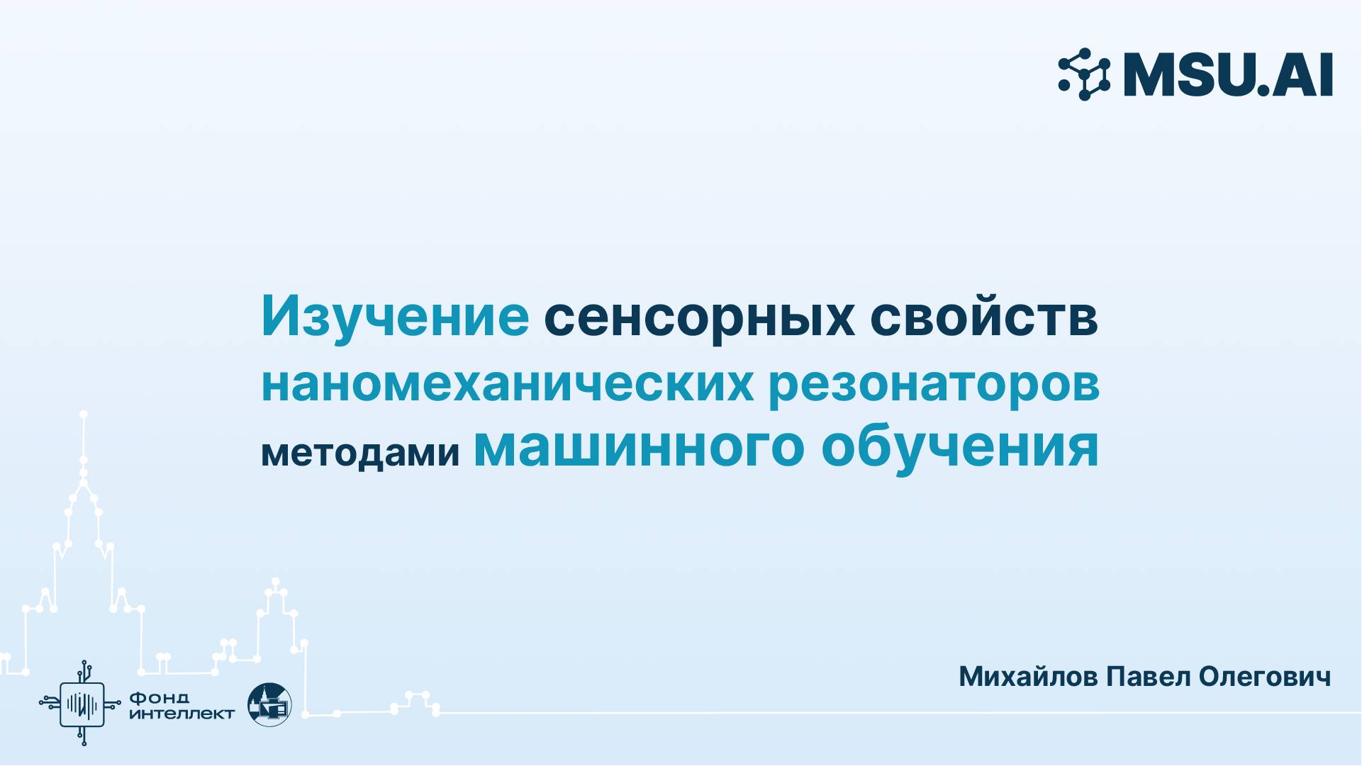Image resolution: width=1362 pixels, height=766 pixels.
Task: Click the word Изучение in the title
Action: click(x=395, y=317)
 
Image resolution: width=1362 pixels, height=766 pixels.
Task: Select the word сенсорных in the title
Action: click(x=699, y=317)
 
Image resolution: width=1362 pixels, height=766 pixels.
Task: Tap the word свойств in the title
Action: click(x=984, y=317)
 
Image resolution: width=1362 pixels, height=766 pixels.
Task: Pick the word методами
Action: click(x=360, y=452)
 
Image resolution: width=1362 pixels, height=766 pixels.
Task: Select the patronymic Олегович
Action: click(x=1264, y=677)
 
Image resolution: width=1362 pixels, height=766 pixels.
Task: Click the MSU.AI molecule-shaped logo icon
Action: click(x=1084, y=74)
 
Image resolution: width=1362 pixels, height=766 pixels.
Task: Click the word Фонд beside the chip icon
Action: click(x=159, y=698)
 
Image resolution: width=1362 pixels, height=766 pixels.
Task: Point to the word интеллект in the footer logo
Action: click(x=182, y=714)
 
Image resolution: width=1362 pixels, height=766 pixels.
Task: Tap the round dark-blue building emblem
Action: click(x=269, y=704)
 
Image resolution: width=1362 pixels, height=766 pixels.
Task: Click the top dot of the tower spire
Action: click(x=84, y=414)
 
